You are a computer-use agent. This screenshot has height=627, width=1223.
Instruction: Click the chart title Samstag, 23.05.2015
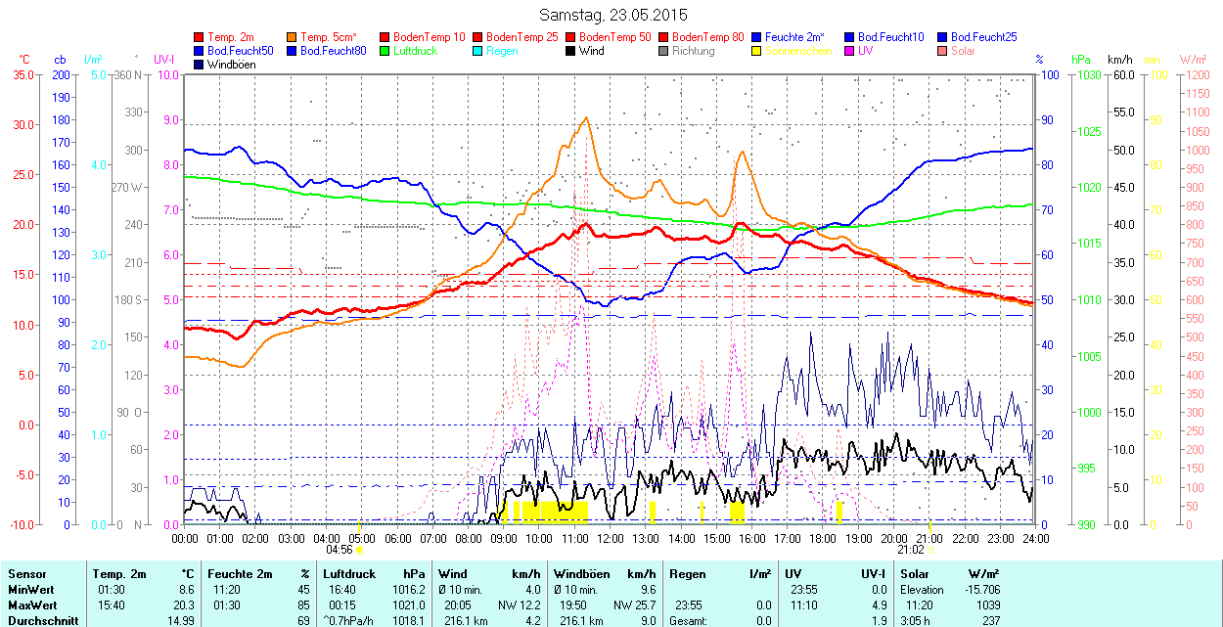coord(613,15)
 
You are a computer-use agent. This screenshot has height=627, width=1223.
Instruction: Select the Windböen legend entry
coord(230,65)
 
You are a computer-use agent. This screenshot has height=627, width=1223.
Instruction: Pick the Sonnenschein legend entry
coord(798,51)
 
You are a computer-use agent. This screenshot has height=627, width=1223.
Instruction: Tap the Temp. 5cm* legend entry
coord(329,37)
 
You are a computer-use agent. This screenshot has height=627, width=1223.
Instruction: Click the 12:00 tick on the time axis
coord(611,538)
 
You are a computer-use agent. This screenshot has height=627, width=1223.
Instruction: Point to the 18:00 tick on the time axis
coord(823,538)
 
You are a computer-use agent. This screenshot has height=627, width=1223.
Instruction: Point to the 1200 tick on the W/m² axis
coord(1198,93)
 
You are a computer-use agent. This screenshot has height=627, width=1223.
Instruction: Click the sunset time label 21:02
coord(910,550)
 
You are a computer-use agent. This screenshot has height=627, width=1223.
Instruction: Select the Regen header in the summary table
coord(688,574)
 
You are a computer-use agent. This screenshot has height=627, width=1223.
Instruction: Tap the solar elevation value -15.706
coord(980,590)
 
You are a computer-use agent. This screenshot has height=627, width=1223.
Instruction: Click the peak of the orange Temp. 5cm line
coord(586,118)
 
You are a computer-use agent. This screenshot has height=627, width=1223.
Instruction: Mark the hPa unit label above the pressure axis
coord(1080,59)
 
